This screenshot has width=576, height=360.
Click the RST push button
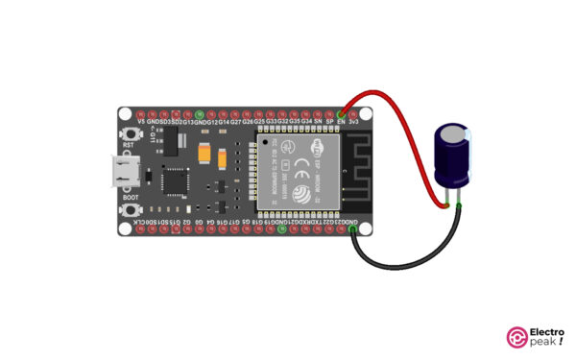click(x=126, y=139)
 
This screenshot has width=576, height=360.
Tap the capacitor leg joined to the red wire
click(x=448, y=199)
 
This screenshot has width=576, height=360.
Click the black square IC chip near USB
click(x=177, y=180)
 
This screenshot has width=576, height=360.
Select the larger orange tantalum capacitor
click(x=205, y=152)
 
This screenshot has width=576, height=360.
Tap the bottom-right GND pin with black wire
click(x=354, y=232)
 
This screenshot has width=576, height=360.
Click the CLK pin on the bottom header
click(x=142, y=232)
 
